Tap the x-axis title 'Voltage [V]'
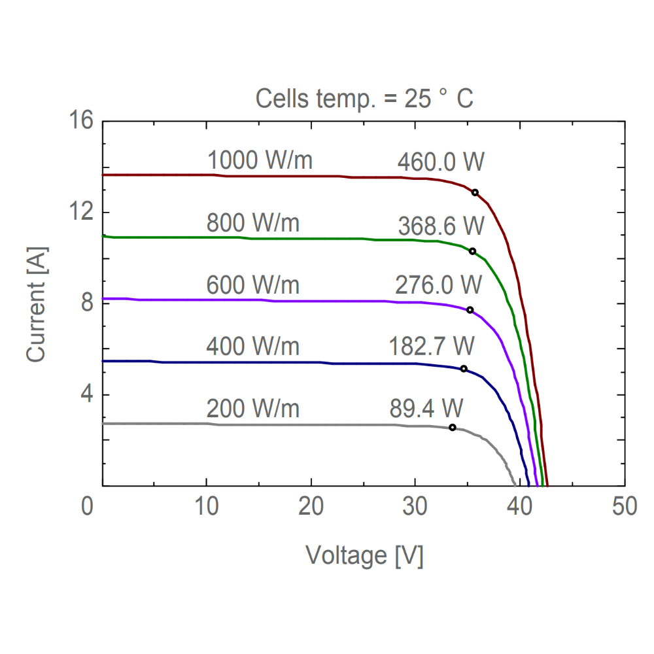pos(364,556)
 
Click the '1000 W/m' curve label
pos(260,161)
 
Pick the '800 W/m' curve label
pos(253,223)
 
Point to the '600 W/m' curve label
pos(253,285)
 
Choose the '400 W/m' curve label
pos(253,346)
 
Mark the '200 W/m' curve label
pos(253,409)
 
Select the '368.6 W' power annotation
pos(441,226)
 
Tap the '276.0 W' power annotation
pos(439,285)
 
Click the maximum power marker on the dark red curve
pos(475,192)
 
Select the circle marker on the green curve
pos(472,251)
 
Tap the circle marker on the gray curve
pos(452,427)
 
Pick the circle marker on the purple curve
pos(470,310)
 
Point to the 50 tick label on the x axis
pos(625,507)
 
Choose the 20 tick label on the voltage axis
pos(311,507)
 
